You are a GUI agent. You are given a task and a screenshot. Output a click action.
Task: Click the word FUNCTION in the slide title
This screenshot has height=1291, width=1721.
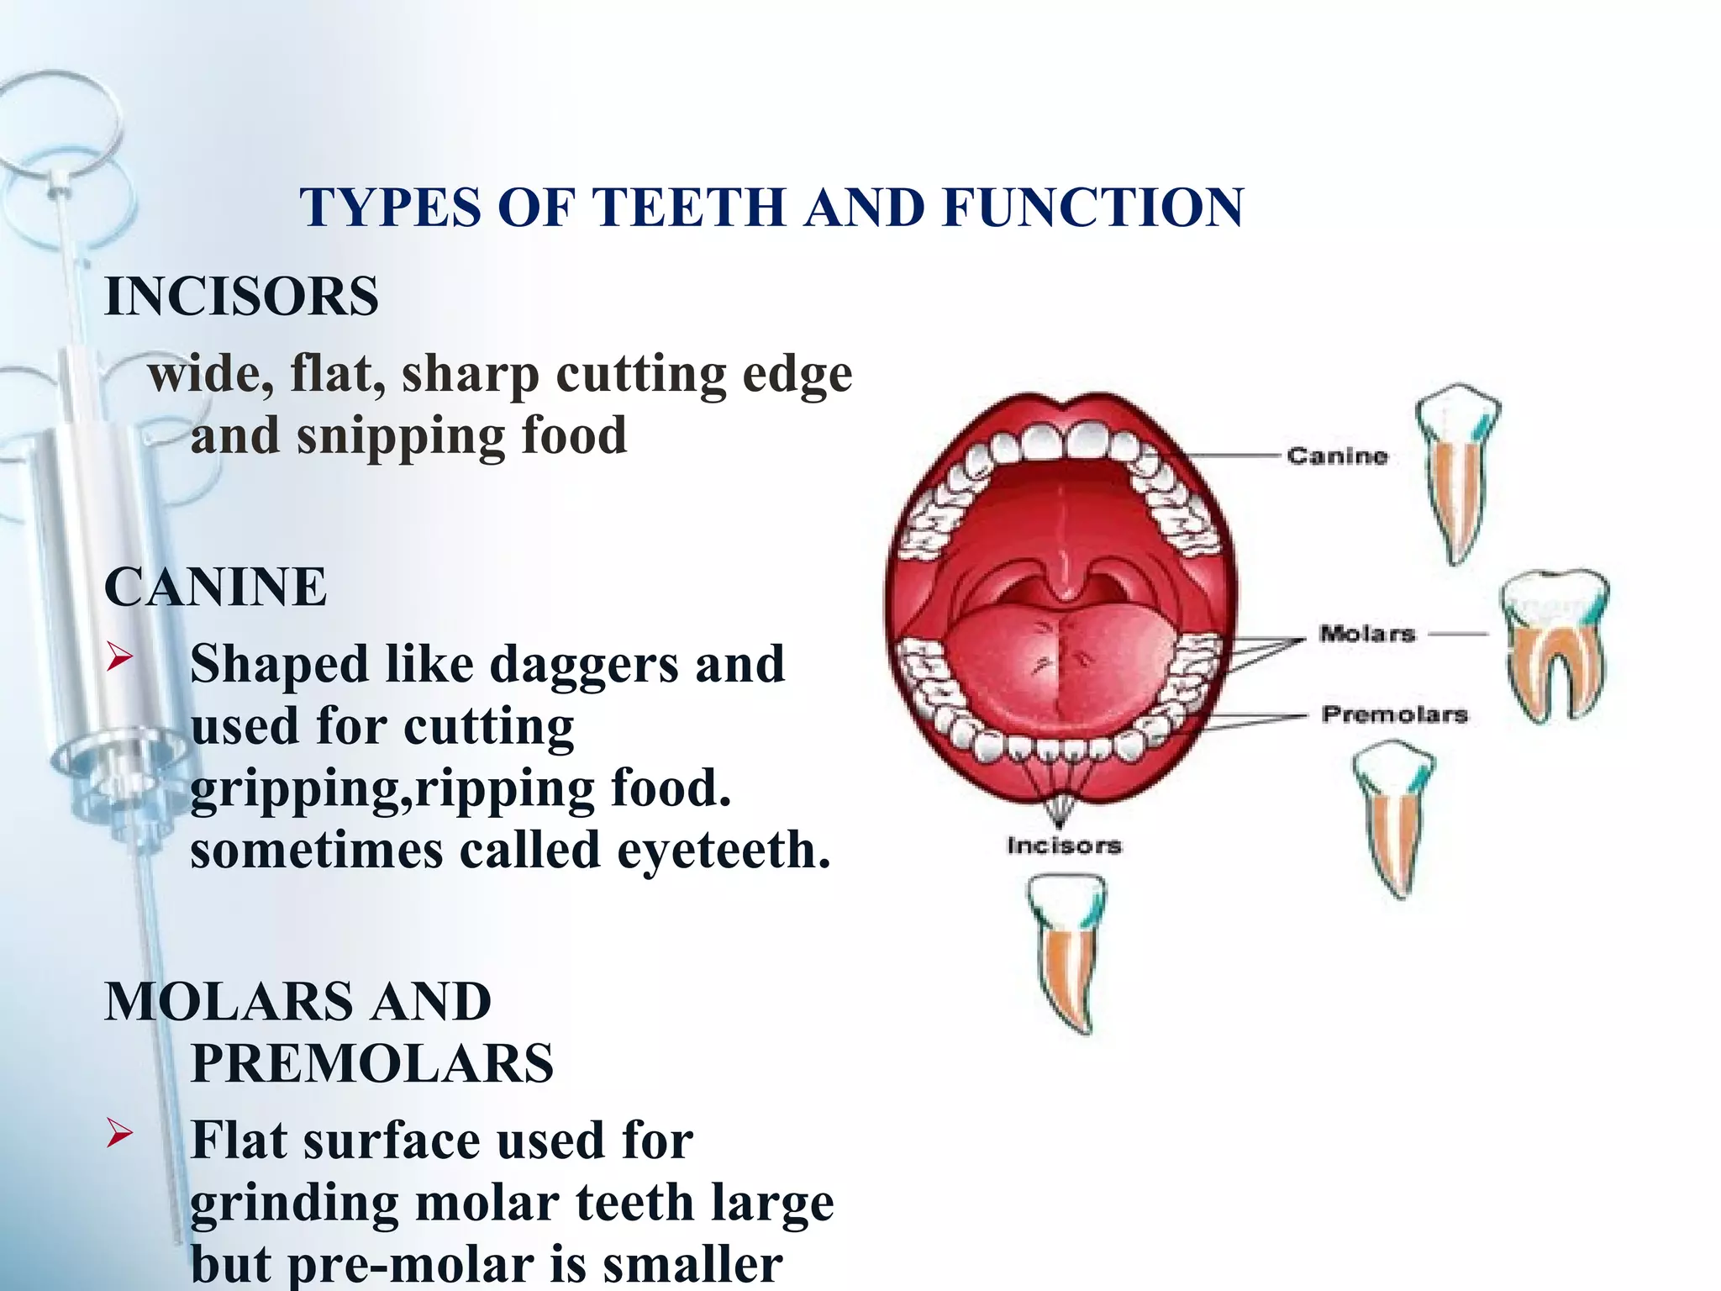click(x=1092, y=207)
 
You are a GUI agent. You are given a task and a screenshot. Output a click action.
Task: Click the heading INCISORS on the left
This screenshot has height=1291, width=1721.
click(x=241, y=297)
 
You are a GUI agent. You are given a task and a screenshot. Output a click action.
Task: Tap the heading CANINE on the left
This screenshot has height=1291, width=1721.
click(x=215, y=587)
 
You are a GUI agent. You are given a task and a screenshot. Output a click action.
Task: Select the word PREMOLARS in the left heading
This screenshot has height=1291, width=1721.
click(x=372, y=1063)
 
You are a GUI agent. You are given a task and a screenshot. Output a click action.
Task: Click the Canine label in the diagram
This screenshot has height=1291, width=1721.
click(x=1337, y=456)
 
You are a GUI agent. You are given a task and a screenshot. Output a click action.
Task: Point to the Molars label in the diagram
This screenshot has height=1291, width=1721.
click(x=1367, y=634)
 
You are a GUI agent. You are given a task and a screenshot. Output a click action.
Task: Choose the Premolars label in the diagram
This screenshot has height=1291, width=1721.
click(x=1395, y=714)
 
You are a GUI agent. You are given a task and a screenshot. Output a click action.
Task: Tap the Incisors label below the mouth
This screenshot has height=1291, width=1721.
click(x=1064, y=846)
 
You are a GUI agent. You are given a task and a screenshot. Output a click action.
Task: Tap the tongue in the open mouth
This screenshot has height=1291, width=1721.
click(x=1063, y=664)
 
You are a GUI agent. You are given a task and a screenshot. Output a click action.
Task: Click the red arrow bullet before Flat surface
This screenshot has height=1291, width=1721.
click(x=119, y=1135)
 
